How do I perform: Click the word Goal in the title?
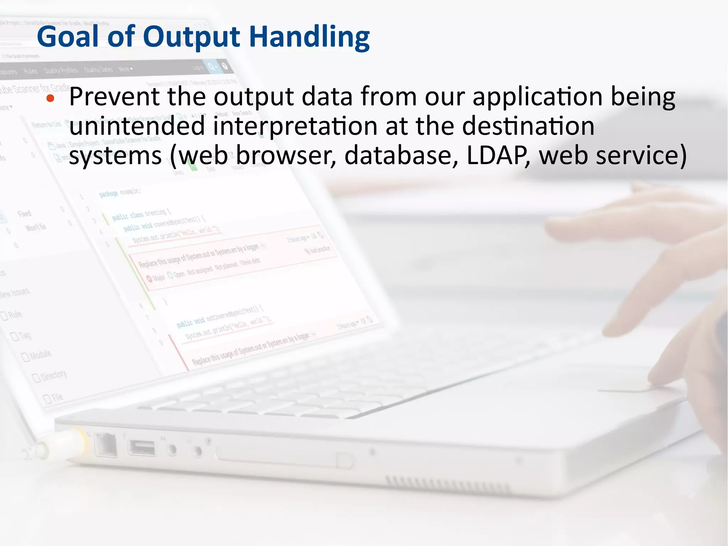pyautogui.click(x=68, y=37)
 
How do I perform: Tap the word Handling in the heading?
pyautogui.click(x=309, y=37)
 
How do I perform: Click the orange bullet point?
pyautogui.click(x=50, y=99)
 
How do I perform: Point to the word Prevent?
pyautogui.click(x=114, y=97)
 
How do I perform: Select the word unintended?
pyautogui.click(x=137, y=126)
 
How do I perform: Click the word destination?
pyautogui.click(x=528, y=126)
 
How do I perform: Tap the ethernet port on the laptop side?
pyautogui.click(x=106, y=445)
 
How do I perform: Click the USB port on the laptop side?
pyautogui.click(x=142, y=447)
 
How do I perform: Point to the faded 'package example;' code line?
pyautogui.click(x=120, y=192)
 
